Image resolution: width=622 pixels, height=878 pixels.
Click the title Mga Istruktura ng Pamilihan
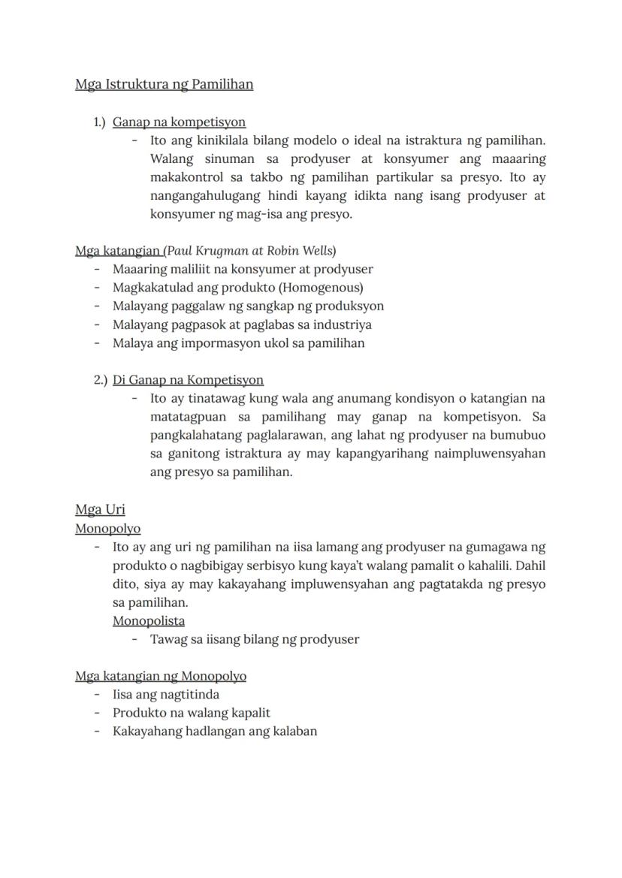pyautogui.click(x=164, y=84)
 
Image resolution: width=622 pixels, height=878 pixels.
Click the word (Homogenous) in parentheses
pyautogui.click(x=326, y=288)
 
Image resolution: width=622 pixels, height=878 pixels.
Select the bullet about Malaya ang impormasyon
pyautogui.click(x=238, y=343)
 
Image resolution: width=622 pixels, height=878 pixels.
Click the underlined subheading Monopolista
pyautogui.click(x=149, y=621)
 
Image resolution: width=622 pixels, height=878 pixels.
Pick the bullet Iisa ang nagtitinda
pyautogui.click(x=165, y=695)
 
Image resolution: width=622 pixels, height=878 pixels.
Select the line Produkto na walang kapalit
pyautogui.click(x=191, y=713)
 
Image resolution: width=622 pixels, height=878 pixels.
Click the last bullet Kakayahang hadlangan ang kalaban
pyautogui.click(x=214, y=732)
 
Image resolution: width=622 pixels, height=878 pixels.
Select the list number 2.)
pyautogui.click(x=101, y=380)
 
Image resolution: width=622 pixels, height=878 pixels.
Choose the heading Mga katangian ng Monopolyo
pyautogui.click(x=161, y=676)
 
